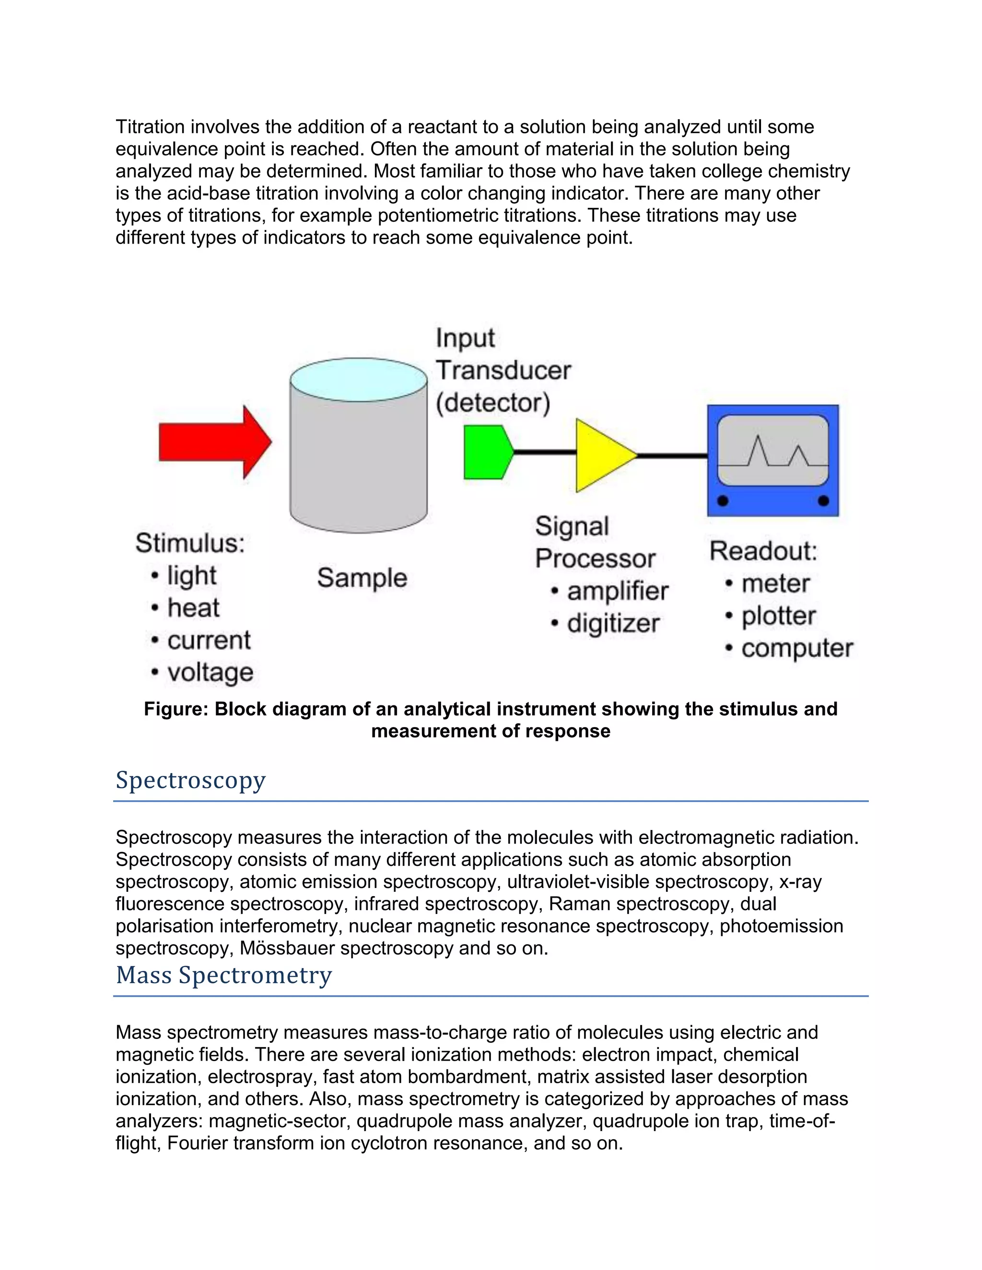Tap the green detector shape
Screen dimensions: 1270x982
[486, 452]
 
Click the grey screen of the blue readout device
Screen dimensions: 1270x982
[772, 449]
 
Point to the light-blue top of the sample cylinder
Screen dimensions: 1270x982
[358, 379]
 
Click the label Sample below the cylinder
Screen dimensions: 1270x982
[362, 577]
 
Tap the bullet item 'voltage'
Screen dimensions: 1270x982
[210, 672]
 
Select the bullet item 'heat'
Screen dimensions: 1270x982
[193, 608]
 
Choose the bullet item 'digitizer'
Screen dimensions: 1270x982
[613, 623]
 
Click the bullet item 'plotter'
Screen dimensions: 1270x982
[778, 616]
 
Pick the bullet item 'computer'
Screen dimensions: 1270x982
[796, 648]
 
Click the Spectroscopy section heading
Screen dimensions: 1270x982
[190, 780]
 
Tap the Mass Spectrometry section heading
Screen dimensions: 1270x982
[223, 975]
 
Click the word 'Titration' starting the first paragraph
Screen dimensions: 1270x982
[150, 127]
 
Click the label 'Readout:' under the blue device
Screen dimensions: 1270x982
[763, 551]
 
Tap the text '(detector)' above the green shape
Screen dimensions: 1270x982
[493, 403]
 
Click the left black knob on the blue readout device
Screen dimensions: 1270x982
[723, 501]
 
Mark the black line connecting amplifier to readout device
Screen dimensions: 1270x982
[672, 456]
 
